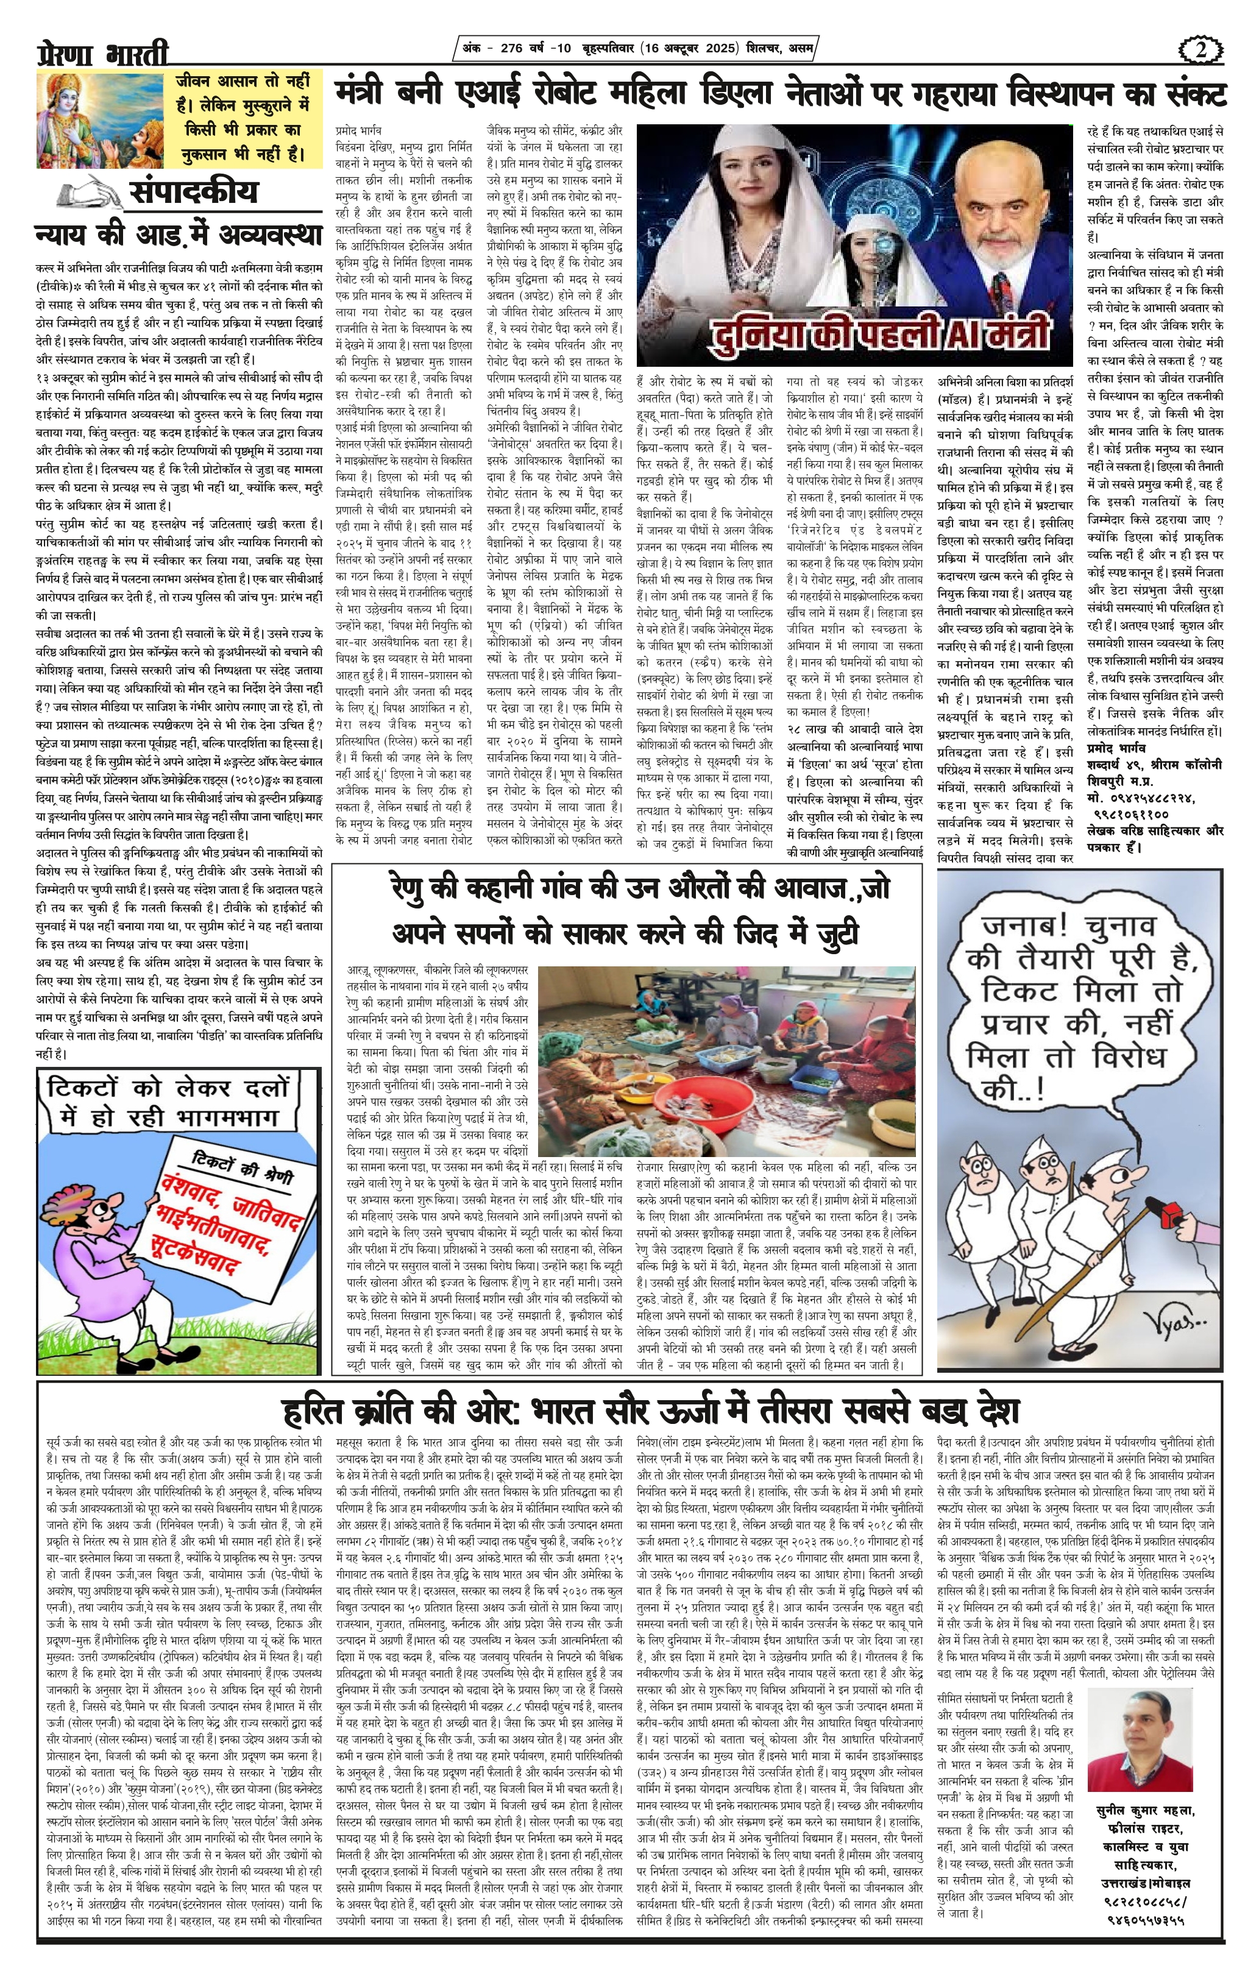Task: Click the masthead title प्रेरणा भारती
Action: [x=103, y=52]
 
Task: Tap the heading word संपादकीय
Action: [x=193, y=191]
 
